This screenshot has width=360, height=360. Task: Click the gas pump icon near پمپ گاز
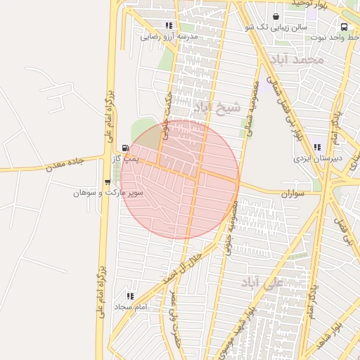click(x=125, y=148)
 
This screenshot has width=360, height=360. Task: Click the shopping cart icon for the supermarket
click(x=107, y=181)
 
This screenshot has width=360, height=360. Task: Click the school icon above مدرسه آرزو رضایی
click(x=168, y=25)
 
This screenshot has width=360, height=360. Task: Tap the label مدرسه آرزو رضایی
click(x=169, y=36)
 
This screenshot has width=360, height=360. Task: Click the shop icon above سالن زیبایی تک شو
click(x=275, y=16)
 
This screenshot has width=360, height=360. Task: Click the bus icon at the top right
click(x=347, y=26)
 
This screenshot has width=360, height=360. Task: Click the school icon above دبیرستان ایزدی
click(x=317, y=148)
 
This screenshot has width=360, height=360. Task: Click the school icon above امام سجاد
click(x=129, y=296)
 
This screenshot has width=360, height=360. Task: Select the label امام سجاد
click(x=129, y=307)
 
